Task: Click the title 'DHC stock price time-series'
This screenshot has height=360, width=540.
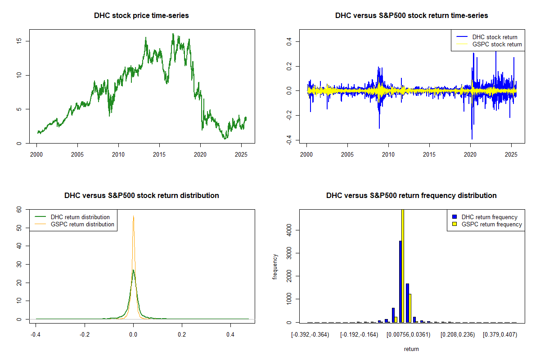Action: point(141,16)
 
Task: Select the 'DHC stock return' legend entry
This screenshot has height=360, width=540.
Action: point(495,37)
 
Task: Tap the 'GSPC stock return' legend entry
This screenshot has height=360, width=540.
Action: point(497,45)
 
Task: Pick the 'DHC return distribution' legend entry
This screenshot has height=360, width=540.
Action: point(80,217)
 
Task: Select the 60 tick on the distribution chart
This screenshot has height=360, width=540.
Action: point(19,209)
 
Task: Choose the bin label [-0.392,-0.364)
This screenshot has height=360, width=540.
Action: point(310,335)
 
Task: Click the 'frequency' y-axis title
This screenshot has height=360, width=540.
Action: point(275,266)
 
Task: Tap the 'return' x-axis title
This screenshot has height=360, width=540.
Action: point(411,349)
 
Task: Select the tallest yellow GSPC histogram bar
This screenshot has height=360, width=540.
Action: point(403,265)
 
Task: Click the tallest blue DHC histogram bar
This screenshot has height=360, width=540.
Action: point(400,281)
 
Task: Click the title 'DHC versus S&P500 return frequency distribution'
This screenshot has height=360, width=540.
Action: point(411,196)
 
